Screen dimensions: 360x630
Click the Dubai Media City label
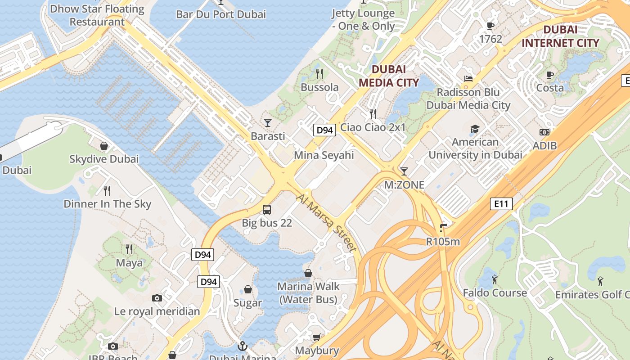(389, 76)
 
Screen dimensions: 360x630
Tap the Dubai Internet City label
(560, 36)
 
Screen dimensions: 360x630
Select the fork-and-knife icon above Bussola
(319, 73)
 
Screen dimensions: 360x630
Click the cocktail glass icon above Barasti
(268, 122)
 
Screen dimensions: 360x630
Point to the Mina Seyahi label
(324, 155)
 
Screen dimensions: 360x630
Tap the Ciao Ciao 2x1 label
(373, 127)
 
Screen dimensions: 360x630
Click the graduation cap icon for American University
(475, 130)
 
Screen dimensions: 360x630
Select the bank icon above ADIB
(544, 132)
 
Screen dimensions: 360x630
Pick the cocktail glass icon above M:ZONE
(404, 171)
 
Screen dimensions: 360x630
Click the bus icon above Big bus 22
(267, 209)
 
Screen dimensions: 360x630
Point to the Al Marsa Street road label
(326, 223)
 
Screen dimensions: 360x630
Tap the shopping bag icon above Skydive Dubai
(104, 146)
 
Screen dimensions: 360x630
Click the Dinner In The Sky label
(108, 204)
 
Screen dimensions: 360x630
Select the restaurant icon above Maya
(129, 249)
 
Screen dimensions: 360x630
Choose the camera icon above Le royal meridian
(157, 298)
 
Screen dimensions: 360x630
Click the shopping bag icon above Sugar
(247, 289)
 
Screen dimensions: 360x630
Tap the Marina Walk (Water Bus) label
(308, 293)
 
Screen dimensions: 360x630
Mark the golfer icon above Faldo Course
(495, 279)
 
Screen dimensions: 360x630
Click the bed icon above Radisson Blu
(468, 79)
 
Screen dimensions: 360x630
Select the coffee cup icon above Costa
(549, 75)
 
